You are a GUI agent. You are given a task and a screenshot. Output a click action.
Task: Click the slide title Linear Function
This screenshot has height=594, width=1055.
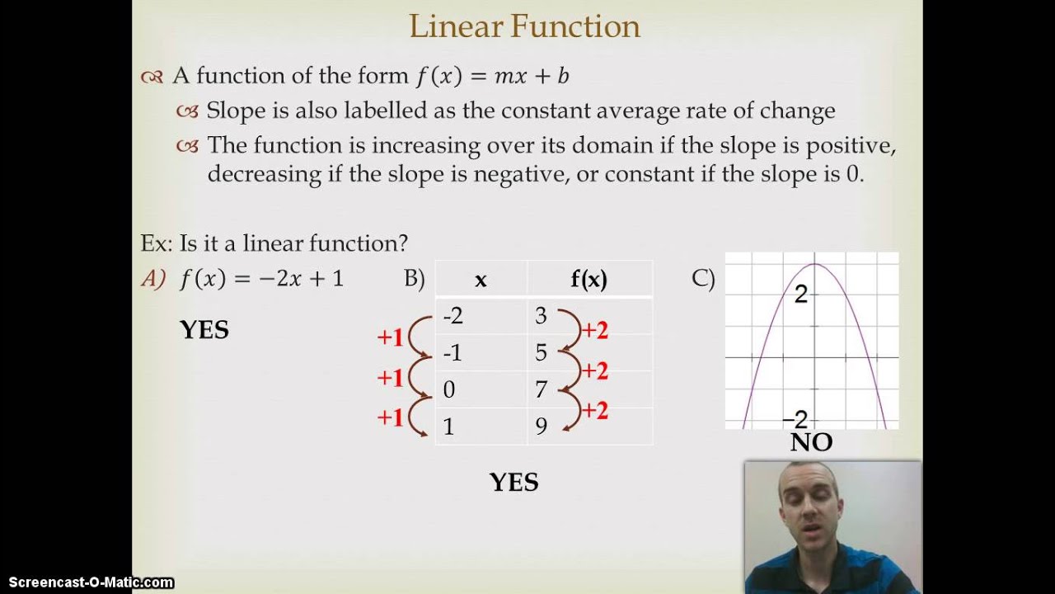[x=524, y=27]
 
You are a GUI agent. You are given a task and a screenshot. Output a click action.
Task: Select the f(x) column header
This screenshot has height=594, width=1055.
[x=588, y=280]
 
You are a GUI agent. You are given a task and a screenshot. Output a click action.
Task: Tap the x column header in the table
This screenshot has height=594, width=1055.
[x=481, y=280]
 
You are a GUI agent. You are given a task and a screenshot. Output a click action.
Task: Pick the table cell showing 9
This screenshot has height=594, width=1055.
[x=541, y=427]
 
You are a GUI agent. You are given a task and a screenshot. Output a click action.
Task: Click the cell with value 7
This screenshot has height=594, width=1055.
[x=541, y=389]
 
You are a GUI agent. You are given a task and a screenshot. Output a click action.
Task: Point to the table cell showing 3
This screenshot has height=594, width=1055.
[x=541, y=316]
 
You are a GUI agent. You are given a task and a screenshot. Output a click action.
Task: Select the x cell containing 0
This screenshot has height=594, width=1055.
[x=449, y=389]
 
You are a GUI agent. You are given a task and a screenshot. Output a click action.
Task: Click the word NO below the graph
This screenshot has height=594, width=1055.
[x=811, y=443]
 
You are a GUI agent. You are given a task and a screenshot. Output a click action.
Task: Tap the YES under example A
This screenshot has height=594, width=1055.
[x=204, y=330]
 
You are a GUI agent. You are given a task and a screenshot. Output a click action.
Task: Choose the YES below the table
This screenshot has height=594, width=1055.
[x=513, y=483]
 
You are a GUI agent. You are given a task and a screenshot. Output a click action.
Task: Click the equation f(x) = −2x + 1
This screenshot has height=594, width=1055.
[x=261, y=279]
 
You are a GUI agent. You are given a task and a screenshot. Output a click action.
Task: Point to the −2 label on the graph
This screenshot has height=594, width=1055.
[x=795, y=420]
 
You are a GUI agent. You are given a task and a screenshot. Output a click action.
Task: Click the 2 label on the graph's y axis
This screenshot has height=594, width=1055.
[x=800, y=295]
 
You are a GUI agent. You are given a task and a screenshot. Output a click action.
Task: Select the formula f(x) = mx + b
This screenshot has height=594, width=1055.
[x=492, y=77]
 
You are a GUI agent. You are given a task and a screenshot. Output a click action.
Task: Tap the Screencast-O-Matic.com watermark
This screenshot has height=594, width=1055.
[x=87, y=582]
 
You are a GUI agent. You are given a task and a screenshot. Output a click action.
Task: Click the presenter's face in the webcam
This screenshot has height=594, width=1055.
[x=808, y=507]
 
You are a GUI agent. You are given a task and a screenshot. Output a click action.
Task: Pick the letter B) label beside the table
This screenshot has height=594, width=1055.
[x=414, y=279]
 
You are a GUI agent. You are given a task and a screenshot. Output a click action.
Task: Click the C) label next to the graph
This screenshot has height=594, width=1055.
[x=703, y=279]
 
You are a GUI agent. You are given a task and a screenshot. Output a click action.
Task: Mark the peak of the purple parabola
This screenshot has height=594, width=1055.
[x=814, y=264]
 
